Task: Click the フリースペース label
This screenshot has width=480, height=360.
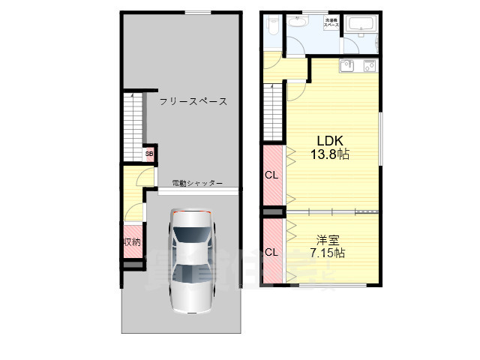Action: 193,100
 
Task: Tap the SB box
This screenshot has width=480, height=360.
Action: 149,154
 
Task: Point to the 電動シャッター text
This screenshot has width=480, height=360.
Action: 197,182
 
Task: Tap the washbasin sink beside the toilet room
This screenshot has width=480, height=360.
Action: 298,21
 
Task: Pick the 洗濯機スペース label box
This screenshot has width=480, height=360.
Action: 331,23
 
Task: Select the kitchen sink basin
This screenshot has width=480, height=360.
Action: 348,67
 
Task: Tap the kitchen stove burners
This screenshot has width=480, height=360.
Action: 370,67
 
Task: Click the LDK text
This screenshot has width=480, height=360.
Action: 330,140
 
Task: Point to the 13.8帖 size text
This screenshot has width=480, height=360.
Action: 330,154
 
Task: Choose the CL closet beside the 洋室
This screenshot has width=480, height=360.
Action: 271,251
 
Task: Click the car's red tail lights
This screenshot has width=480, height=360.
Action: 192,212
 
